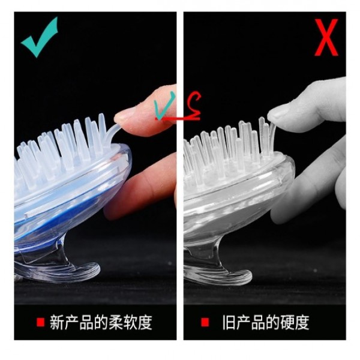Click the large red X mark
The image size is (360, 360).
click(326, 37)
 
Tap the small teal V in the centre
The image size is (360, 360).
click(164, 106)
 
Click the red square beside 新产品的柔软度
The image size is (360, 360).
click(40, 322)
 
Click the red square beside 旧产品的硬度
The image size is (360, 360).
click(205, 322)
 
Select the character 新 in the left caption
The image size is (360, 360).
click(57, 322)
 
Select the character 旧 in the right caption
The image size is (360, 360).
click(229, 322)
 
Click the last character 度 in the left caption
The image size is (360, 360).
click(145, 322)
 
